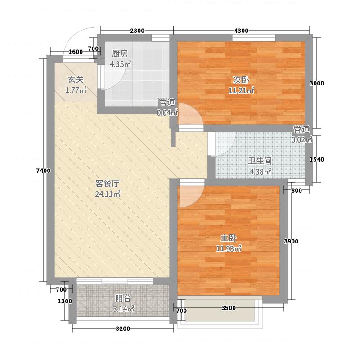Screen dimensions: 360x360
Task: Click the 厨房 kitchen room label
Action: pyautogui.click(x=120, y=53)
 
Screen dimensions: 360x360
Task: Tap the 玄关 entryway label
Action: pyautogui.click(x=76, y=79)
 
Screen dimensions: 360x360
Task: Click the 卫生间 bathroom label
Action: pyautogui.click(x=260, y=161)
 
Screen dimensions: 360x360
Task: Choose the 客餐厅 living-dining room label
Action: pyautogui.click(x=107, y=184)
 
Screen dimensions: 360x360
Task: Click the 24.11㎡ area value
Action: pyautogui.click(x=107, y=194)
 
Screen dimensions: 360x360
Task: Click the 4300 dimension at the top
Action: pyautogui.click(x=241, y=31)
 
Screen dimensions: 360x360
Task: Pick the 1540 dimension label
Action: pyautogui.click(x=317, y=159)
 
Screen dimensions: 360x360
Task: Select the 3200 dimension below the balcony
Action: pyautogui.click(x=122, y=328)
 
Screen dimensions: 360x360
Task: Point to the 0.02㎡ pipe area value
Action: pyautogui.click(x=301, y=139)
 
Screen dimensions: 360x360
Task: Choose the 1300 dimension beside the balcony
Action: pyautogui.click(x=65, y=301)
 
